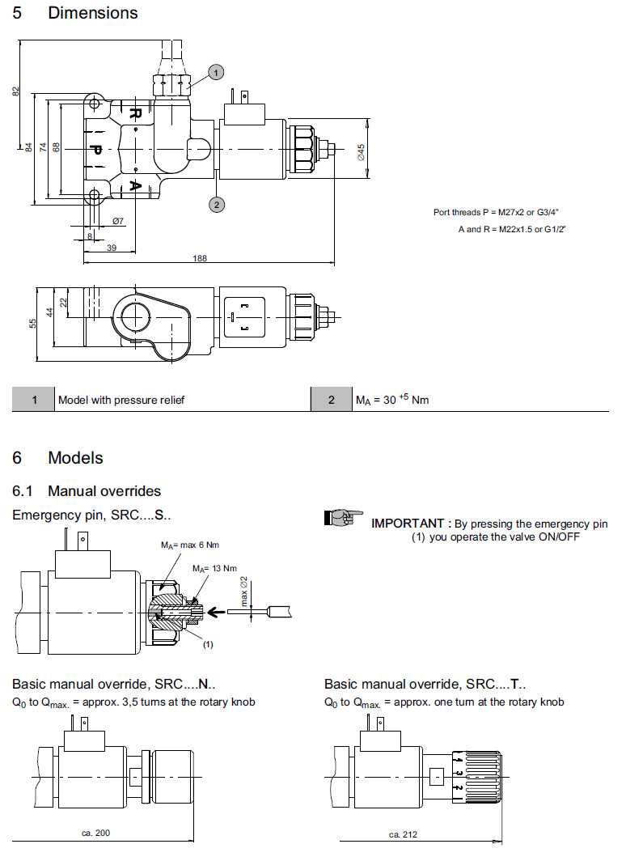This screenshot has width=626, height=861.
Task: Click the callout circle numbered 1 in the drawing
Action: tap(215, 73)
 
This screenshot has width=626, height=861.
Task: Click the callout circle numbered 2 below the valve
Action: tap(216, 205)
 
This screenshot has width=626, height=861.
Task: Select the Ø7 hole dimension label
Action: tap(117, 221)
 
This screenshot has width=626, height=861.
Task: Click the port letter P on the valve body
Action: tap(95, 151)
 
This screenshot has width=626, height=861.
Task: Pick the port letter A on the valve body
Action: tap(136, 186)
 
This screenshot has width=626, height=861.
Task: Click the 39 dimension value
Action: tap(112, 248)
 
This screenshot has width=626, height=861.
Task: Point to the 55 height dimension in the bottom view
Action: tap(33, 323)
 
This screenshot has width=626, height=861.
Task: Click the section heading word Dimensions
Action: tap(92, 13)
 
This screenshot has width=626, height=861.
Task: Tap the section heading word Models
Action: tap(75, 458)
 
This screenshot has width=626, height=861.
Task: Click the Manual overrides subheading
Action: tap(104, 491)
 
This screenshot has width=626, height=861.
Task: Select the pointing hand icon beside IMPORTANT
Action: tap(343, 518)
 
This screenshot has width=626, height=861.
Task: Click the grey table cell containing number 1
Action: tap(34, 400)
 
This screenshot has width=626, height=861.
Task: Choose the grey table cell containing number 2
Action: tap(331, 400)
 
